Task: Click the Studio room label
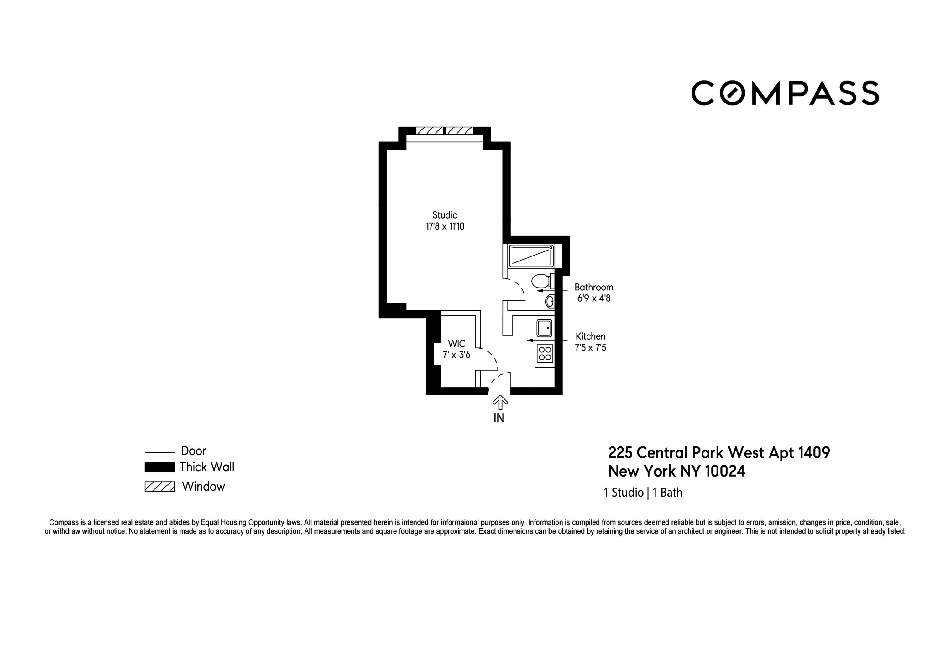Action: pos(445,215)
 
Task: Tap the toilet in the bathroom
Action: pos(541,281)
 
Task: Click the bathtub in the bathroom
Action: pos(531,256)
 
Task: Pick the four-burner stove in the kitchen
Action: pos(545,353)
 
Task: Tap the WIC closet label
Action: pos(457,344)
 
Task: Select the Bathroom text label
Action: pos(594,287)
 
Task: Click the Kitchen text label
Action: pos(590,336)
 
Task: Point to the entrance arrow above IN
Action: pos(499,402)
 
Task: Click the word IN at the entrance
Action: pos(499,418)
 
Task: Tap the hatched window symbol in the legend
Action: pos(160,487)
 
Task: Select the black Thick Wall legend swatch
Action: pos(160,467)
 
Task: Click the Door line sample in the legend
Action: pos(160,452)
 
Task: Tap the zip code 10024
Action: pos(725,472)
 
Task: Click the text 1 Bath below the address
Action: pos(667,493)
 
